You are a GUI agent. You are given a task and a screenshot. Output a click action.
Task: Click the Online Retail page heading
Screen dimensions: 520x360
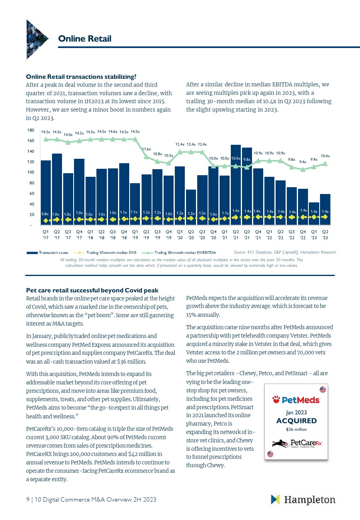coord(85,38)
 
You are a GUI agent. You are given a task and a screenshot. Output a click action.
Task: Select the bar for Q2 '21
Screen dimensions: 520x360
coord(236,184)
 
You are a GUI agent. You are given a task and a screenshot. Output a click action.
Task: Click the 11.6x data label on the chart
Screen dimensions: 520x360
coord(146,149)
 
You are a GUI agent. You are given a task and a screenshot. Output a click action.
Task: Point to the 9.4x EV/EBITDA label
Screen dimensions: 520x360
coord(303,162)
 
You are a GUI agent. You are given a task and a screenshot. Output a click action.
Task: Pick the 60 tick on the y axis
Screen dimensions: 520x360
coord(31,194)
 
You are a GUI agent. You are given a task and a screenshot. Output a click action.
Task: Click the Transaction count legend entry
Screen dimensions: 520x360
coord(48,252)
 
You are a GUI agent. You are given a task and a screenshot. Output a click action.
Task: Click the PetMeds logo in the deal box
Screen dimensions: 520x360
coord(296,400)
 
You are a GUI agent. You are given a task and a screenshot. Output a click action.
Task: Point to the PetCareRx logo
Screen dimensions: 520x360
coord(297,443)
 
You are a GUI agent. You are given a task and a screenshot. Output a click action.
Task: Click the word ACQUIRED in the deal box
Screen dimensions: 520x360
coord(296,421)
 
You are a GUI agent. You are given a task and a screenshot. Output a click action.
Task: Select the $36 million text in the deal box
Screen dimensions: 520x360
coord(296,429)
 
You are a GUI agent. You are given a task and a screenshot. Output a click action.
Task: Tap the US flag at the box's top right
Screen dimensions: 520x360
coord(323,390)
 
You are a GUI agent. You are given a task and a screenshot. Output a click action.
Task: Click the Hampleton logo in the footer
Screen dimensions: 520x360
coord(303,500)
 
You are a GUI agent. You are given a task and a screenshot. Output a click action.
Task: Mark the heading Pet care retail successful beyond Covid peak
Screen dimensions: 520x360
coord(92,290)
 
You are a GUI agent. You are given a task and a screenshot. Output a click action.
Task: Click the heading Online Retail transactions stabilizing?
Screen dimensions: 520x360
coord(81,76)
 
